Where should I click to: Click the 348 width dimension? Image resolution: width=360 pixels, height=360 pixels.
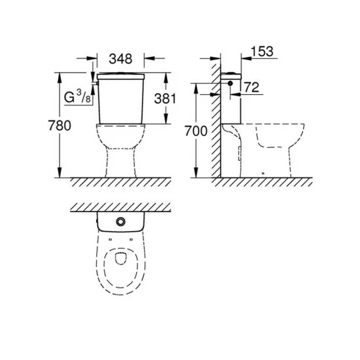point(120,59)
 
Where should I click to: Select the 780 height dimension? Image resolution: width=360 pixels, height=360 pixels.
point(60,126)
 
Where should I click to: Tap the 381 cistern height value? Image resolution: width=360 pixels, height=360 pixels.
point(165,99)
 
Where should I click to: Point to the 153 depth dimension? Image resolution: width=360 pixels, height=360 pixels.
point(262,52)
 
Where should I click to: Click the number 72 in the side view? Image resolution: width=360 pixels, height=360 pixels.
point(251,87)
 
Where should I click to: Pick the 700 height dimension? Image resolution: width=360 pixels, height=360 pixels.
point(196,131)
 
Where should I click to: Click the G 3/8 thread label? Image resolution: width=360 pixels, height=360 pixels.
point(77,97)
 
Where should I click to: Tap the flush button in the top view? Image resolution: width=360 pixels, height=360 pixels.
point(120,221)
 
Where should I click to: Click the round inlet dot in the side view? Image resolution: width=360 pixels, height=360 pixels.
point(230,83)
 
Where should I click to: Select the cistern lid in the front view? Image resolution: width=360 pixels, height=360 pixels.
point(121,77)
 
